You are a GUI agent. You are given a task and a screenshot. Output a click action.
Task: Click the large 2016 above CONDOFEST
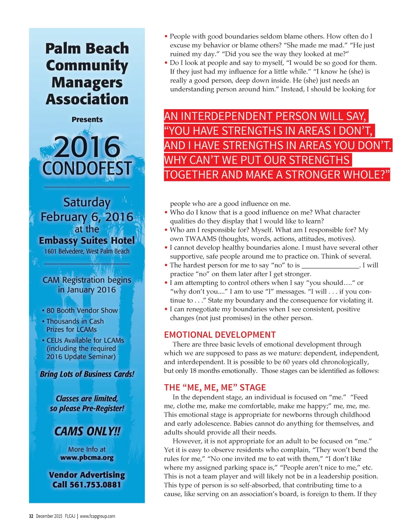87,147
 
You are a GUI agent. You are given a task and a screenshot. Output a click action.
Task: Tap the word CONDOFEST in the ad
87,168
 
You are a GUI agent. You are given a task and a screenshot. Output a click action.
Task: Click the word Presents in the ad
87,120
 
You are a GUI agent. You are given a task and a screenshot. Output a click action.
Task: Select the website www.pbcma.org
87,458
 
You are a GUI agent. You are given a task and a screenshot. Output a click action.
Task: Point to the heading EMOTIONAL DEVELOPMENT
220,335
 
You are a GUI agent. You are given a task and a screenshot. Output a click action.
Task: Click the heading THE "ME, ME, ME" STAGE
215,387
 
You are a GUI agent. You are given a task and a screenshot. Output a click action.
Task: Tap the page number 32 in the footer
31,516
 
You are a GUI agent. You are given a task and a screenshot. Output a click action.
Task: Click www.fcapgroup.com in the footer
98,516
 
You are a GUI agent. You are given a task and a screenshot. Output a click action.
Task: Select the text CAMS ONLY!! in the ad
87,432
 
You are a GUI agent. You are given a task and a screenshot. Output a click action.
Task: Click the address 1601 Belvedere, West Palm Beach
87,251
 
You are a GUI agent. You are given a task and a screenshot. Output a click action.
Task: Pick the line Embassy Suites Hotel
87,241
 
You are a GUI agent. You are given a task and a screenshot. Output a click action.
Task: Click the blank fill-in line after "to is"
330,266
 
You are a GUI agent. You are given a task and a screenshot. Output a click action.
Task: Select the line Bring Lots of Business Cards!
87,374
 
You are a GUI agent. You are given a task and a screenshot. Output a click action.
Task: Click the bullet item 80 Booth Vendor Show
82,310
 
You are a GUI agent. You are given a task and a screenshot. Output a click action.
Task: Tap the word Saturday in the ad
87,202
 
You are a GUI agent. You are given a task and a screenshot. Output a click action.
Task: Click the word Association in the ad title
87,99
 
